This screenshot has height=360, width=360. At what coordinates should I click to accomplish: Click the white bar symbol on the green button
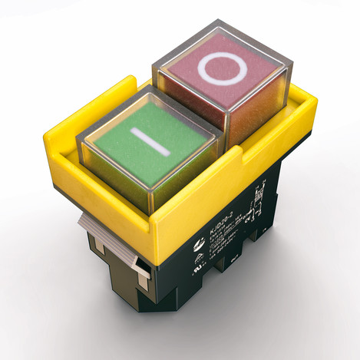(x=145, y=142)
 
